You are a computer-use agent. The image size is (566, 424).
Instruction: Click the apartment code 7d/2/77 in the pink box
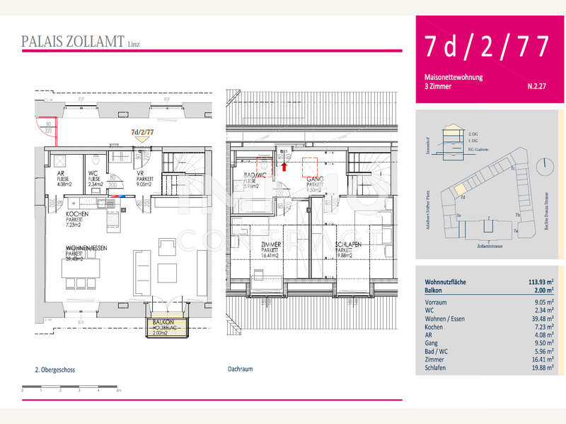(x=487, y=46)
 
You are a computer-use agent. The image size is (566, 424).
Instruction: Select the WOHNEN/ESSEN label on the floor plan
(x=87, y=248)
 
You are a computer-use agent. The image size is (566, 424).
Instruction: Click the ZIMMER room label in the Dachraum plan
(x=270, y=245)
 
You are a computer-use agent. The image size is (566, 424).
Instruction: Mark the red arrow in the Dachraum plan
(x=284, y=167)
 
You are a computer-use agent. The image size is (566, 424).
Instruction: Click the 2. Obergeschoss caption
(x=56, y=369)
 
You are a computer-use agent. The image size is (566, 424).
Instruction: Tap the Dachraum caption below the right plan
(x=241, y=369)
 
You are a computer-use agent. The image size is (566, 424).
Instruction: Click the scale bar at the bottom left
(x=71, y=388)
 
